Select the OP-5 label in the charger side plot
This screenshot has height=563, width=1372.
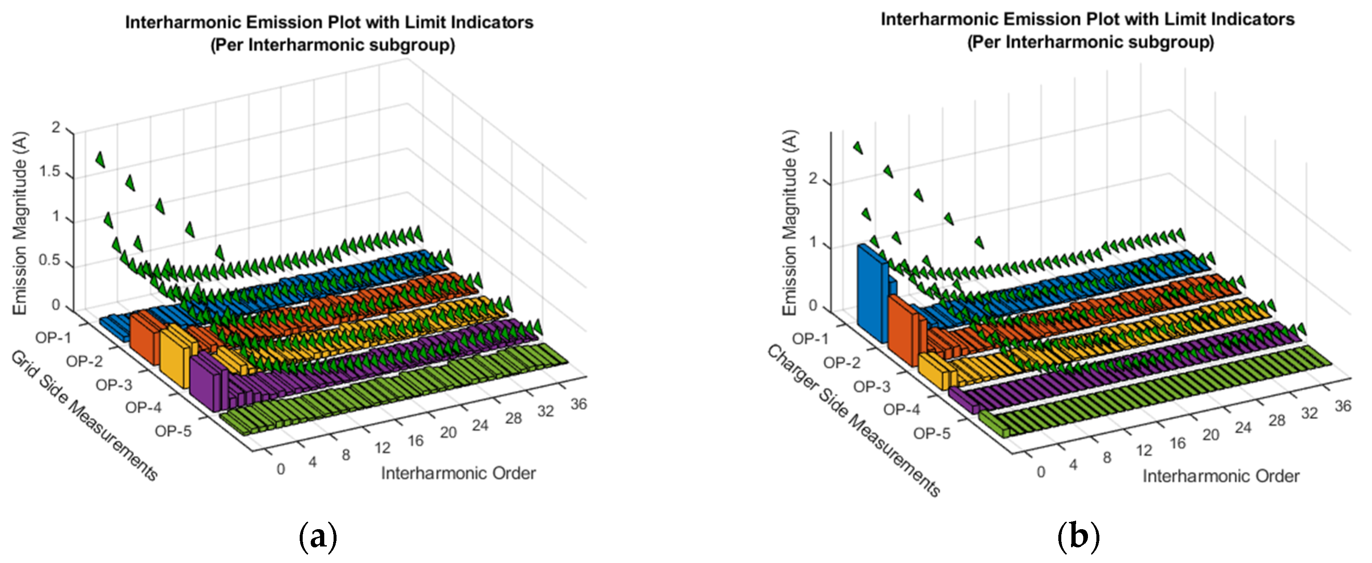(932, 434)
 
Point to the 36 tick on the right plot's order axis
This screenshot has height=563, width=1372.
(1343, 406)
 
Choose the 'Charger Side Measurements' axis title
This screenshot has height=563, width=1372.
(853, 421)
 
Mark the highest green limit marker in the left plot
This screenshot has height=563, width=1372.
(99, 159)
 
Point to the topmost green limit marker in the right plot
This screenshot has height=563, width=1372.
(858, 147)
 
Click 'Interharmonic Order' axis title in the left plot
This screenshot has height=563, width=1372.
(458, 473)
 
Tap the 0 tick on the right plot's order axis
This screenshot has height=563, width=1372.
(1041, 472)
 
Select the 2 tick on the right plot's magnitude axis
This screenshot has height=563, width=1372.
(812, 179)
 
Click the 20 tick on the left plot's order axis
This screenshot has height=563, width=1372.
(448, 433)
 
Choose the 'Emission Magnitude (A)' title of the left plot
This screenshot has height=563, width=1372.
(20, 223)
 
